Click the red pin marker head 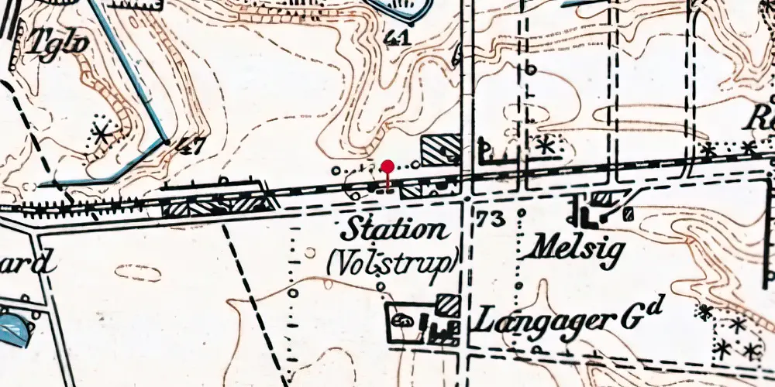click(388, 165)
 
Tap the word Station click(395, 230)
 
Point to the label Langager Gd click(570, 317)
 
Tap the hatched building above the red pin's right click(441, 149)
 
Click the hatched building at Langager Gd click(446, 304)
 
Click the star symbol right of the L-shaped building click(546, 144)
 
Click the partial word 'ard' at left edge click(31, 264)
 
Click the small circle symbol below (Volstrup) click(381, 287)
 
